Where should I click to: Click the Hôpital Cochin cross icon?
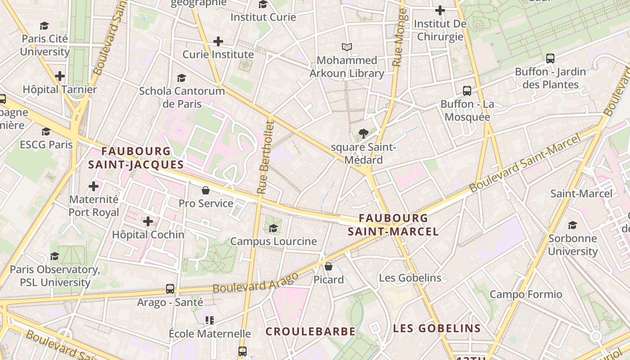(148, 221)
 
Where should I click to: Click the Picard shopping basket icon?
(328, 266)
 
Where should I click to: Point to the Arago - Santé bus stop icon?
(170, 289)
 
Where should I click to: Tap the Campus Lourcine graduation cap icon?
(273, 228)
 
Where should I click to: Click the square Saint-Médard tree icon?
(363, 134)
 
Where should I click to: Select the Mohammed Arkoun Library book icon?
(346, 47)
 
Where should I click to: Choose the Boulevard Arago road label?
(255, 282)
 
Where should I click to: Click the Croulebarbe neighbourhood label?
(310, 332)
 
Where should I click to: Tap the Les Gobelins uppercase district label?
(437, 328)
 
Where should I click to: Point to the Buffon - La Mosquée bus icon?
(467, 91)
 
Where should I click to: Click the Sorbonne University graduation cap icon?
(572, 225)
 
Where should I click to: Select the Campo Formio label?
(526, 294)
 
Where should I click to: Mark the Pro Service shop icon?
(206, 190)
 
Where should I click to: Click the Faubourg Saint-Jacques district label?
(136, 158)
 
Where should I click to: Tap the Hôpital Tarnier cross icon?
(60, 76)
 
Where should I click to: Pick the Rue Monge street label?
(399, 38)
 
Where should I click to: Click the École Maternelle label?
(210, 333)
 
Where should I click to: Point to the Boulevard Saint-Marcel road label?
(525, 164)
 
